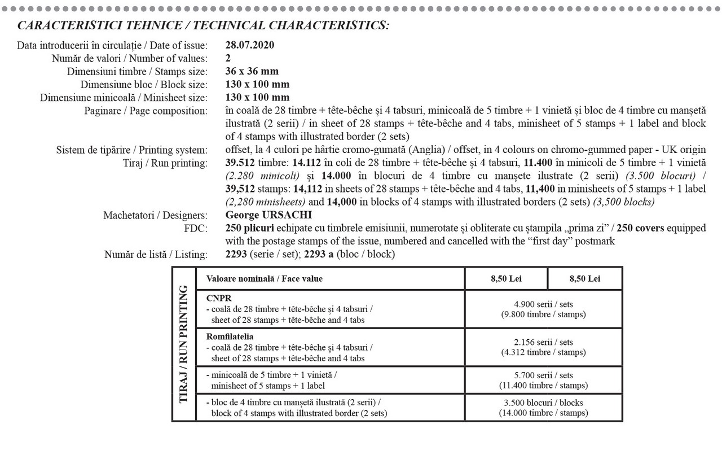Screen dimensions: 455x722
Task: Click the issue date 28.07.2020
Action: [249, 45]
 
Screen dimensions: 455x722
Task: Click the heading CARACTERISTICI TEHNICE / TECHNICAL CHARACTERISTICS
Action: [203, 26]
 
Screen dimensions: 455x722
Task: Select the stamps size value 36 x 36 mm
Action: [252, 71]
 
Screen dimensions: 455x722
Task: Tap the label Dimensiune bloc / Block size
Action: [144, 84]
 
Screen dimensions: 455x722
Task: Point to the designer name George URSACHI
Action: [268, 215]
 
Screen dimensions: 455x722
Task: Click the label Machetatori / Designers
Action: [155, 215]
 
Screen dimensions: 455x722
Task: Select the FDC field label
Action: [199, 228]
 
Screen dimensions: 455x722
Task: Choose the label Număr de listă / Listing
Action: [155, 255]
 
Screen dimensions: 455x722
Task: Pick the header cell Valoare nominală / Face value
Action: [265, 279]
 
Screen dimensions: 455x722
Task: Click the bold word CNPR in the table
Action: [217, 297]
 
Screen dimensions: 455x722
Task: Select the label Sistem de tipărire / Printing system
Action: [131, 150]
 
